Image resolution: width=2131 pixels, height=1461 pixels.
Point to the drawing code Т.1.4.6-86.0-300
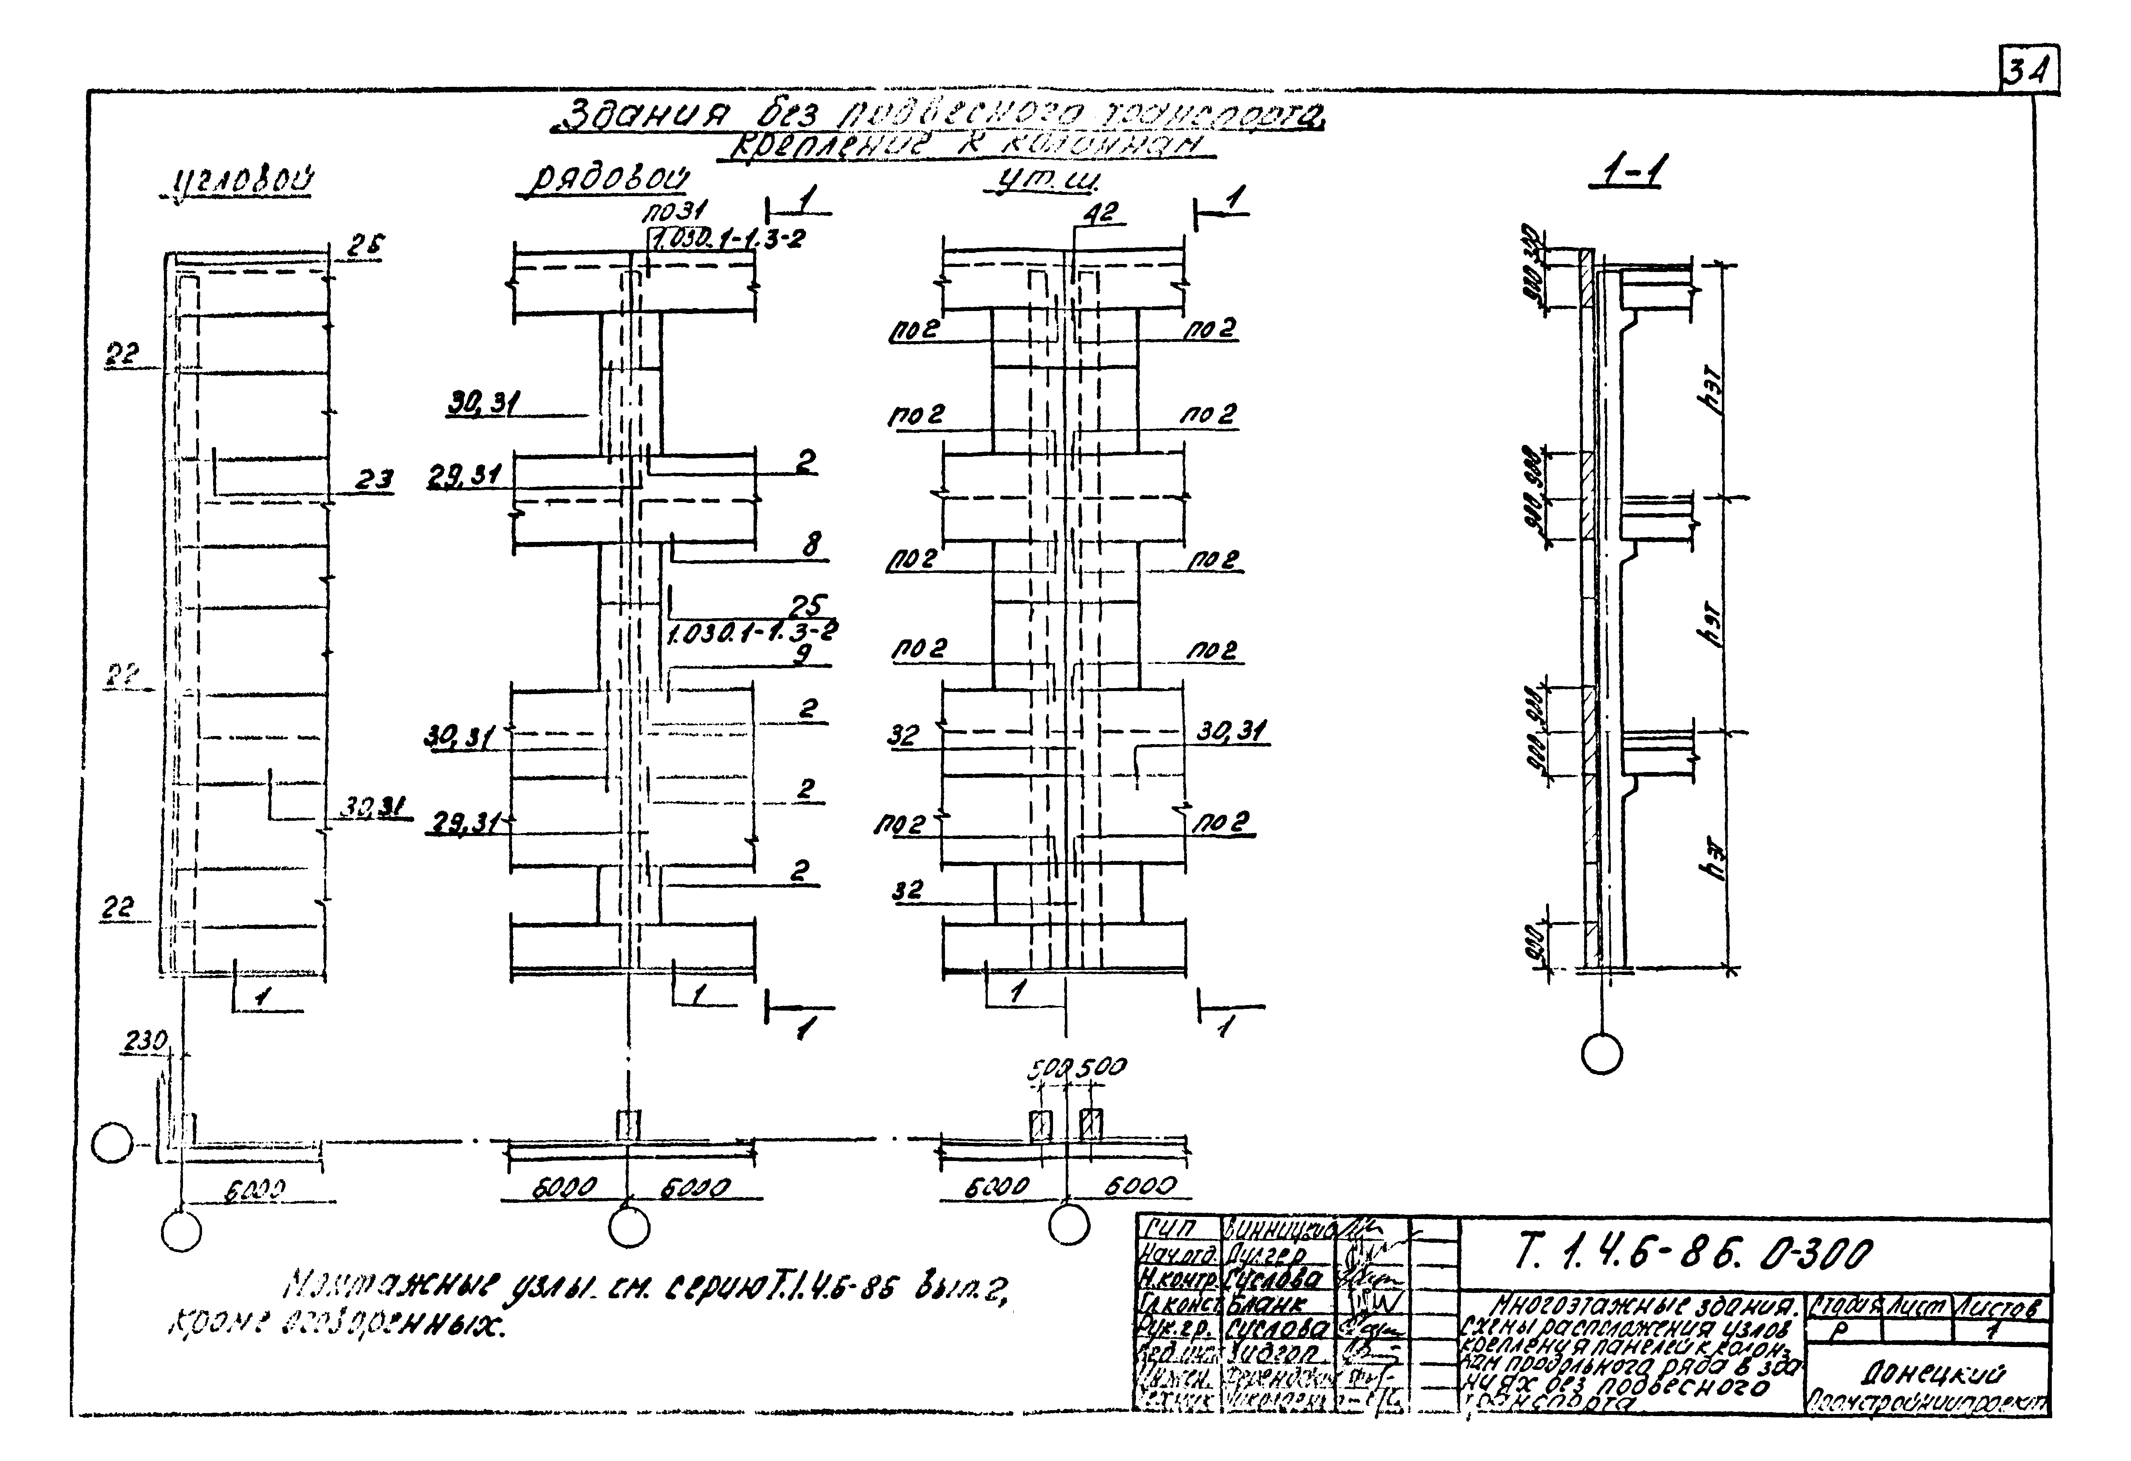[1692, 1253]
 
